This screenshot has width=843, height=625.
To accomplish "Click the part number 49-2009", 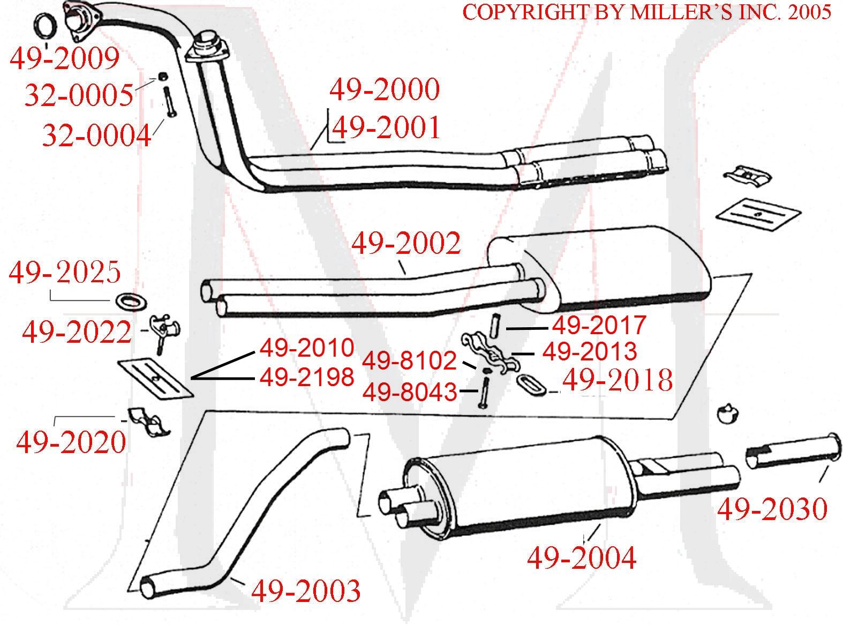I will (x=64, y=59).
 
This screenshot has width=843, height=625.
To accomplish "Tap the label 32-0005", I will (x=79, y=96).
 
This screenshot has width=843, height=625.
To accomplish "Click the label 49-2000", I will (x=385, y=89).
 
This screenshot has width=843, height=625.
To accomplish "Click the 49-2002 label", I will (x=406, y=244).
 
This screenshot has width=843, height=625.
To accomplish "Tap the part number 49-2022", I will (x=77, y=333).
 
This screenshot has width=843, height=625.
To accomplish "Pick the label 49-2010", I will (x=307, y=348).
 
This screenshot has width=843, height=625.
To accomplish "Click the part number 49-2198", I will (x=307, y=378).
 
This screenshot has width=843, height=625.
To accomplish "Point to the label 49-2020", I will (x=71, y=442).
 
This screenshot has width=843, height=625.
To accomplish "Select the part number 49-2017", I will (x=599, y=325).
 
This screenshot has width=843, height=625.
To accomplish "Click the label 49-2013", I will (x=590, y=352).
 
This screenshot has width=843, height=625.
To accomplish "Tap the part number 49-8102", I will (x=409, y=361).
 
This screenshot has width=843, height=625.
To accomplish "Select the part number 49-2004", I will (x=582, y=558).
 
